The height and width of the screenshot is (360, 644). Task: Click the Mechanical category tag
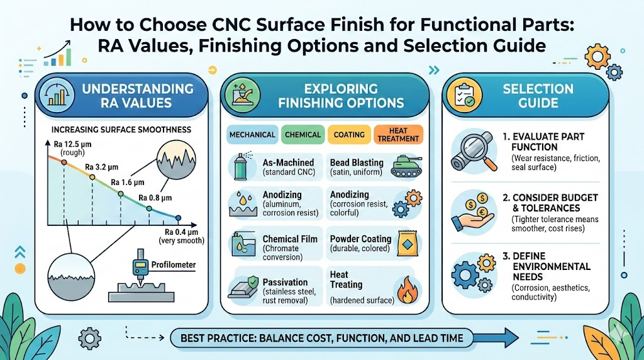pyautogui.click(x=252, y=135)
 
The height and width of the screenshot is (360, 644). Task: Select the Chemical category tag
pyautogui.click(x=303, y=135)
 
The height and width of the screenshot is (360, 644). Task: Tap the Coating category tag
pyautogui.click(x=348, y=135)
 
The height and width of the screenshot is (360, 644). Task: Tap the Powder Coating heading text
pyautogui.click(x=360, y=239)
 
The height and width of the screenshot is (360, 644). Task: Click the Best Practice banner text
pyautogui.click(x=321, y=338)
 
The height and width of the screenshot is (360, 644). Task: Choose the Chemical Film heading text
pyautogui.click(x=289, y=239)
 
